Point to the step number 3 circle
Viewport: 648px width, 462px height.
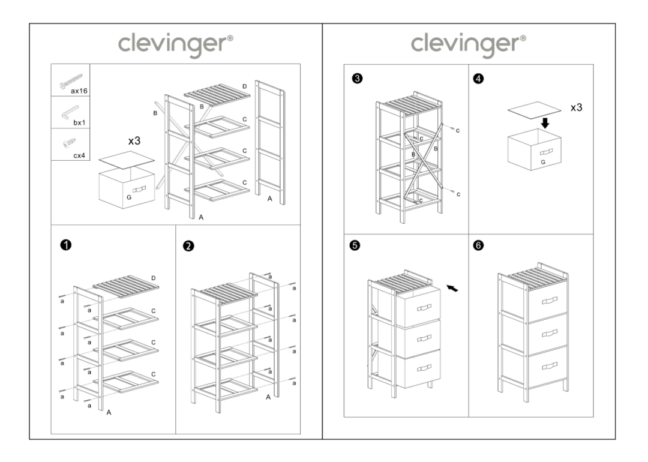[358, 78]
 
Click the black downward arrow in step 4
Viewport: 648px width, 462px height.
[545, 123]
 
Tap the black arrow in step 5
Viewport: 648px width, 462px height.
[455, 289]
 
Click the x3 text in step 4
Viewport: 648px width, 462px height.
[576, 108]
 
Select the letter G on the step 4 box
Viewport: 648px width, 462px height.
[542, 162]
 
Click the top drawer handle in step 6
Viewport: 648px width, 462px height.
[549, 299]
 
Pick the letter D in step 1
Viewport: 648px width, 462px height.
[154, 278]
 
